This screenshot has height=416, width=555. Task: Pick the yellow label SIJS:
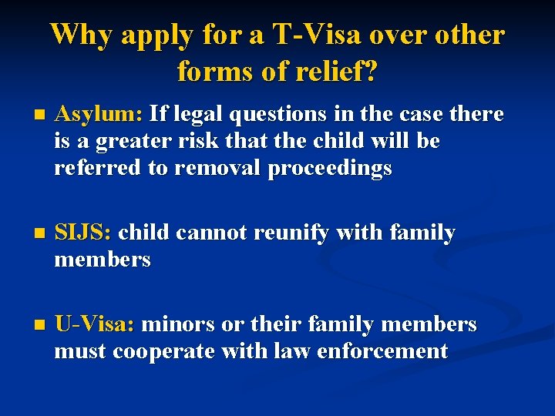[83, 233]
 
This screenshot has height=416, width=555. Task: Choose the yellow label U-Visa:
[94, 325]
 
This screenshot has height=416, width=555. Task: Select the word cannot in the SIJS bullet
[199, 233]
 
